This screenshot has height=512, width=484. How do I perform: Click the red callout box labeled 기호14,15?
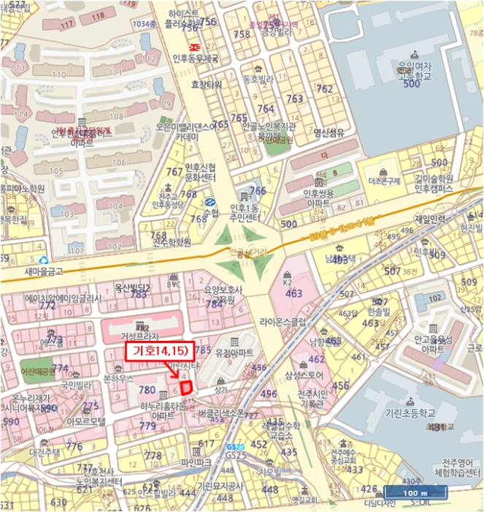[160, 352]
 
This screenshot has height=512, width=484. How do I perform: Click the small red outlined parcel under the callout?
[185, 385]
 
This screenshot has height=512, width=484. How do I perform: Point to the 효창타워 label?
[206, 85]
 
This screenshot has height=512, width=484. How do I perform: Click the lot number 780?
[147, 391]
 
